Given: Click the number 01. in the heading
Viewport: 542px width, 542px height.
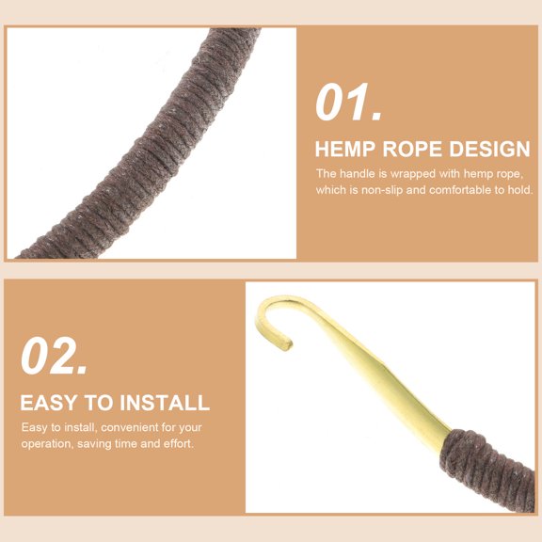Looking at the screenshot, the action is [x=348, y=103].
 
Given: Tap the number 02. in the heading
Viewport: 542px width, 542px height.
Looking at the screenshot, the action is [x=54, y=357].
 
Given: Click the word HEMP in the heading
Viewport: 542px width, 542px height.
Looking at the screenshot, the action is [x=345, y=149].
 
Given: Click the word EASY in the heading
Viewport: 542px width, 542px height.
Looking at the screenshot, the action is [x=48, y=403].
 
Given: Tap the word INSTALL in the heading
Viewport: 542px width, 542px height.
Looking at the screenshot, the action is [x=165, y=403].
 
